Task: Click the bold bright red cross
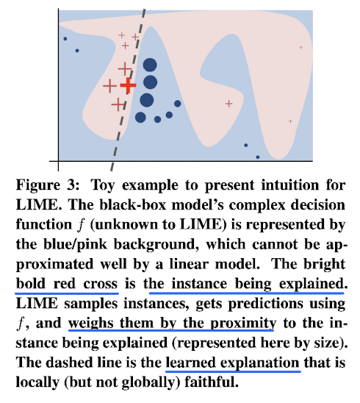[x=128, y=85]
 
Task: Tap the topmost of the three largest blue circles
[x=150, y=65]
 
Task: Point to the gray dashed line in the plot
[x=128, y=90]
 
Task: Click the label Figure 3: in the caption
[x=48, y=185]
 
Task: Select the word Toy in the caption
[x=103, y=185]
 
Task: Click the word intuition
[x=289, y=185]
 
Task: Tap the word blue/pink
[x=75, y=245]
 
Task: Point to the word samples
[x=90, y=304]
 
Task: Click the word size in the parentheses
[x=329, y=343]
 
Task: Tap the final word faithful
[x=212, y=382]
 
